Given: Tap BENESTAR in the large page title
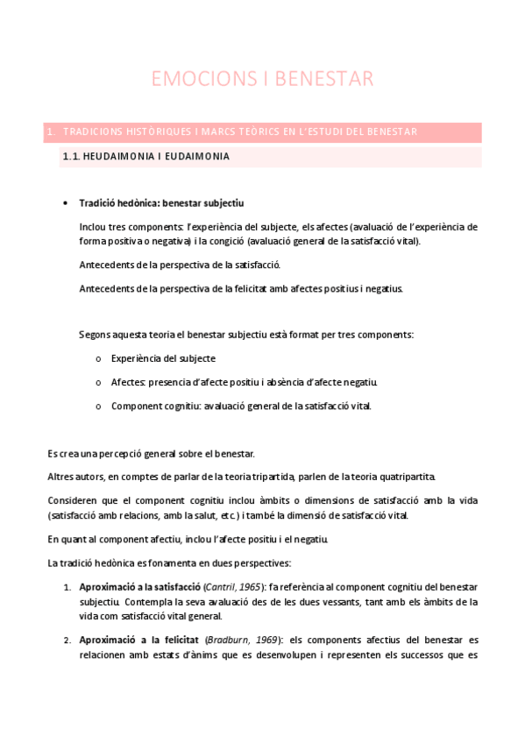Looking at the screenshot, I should (324, 79).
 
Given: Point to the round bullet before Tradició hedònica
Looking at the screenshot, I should (67, 203).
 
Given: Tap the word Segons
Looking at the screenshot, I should (95, 335).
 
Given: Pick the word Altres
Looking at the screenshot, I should (61, 477).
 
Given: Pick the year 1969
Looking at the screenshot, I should (266, 640).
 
